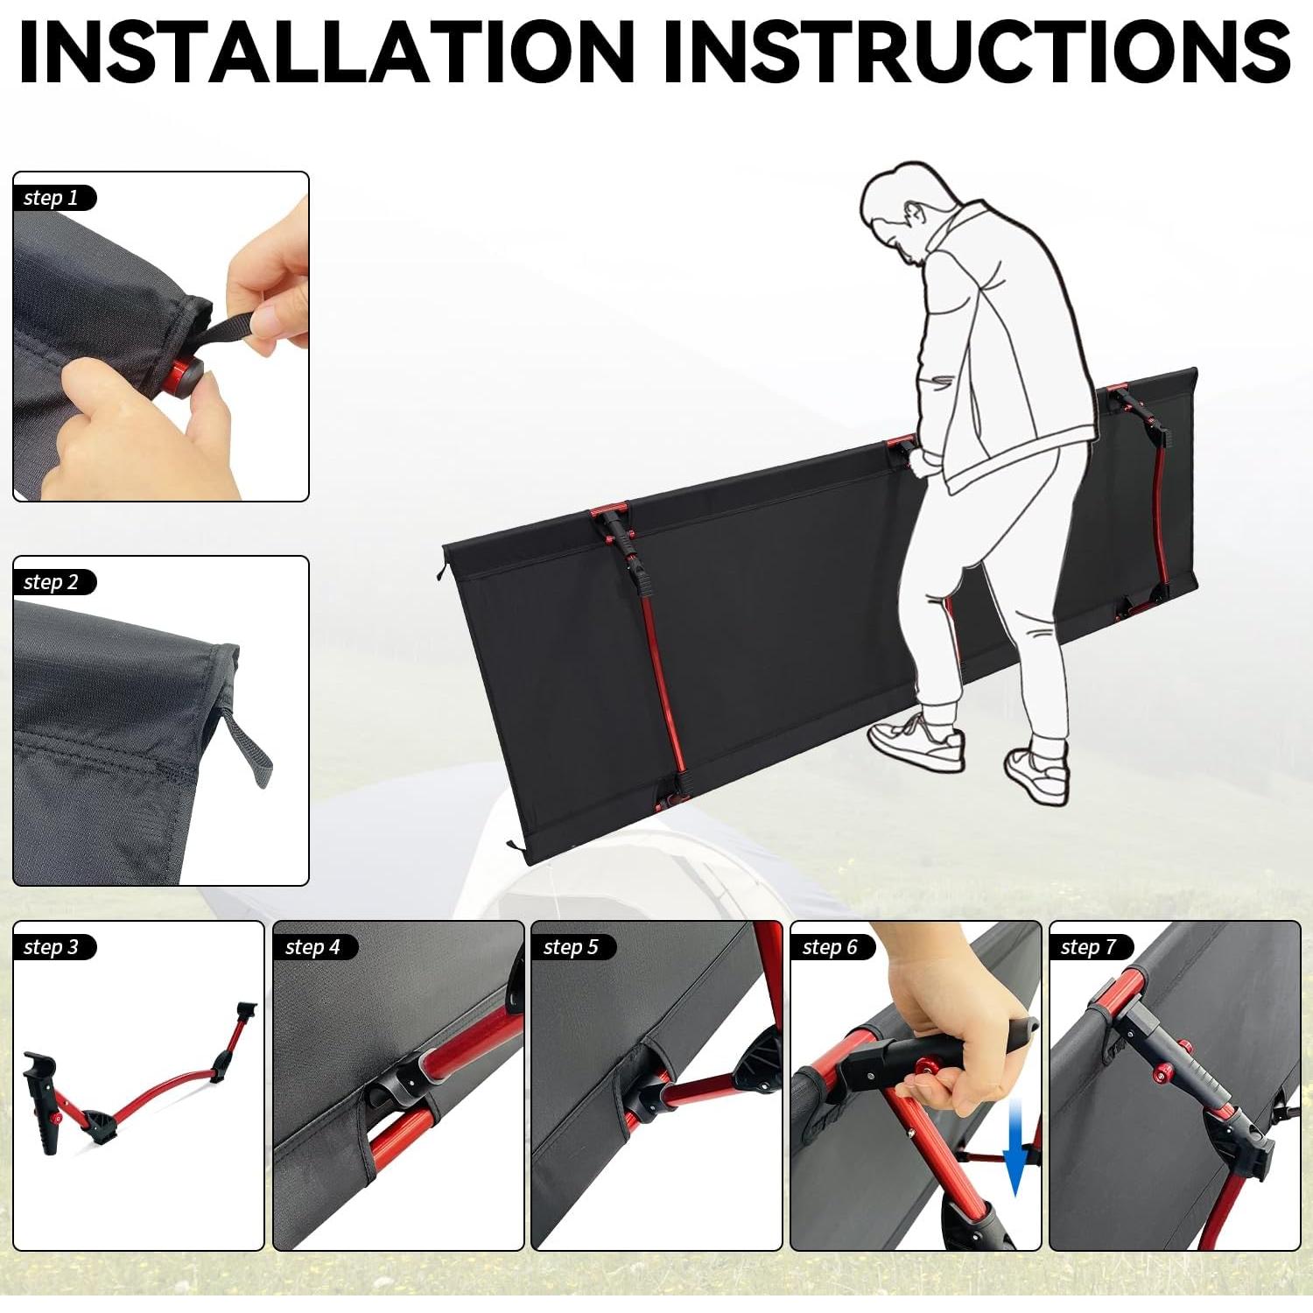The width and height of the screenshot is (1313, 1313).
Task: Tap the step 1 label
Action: tap(51, 198)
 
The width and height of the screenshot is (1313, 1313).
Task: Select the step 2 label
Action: tap(51, 582)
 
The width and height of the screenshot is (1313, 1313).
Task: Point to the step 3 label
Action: tap(51, 947)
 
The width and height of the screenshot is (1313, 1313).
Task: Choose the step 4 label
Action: tap(312, 947)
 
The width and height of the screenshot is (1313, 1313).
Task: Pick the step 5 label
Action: tap(571, 947)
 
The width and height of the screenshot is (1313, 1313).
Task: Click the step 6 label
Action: tap(830, 947)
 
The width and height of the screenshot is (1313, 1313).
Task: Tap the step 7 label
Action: tap(1088, 947)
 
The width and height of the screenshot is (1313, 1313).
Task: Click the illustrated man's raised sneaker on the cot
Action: tap(917, 742)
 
